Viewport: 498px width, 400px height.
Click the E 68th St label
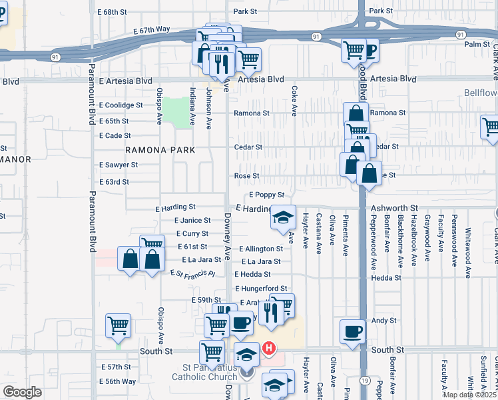111,12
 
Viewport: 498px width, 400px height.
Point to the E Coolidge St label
121,105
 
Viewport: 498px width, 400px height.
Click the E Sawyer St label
119,165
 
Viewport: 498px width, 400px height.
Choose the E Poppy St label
266,195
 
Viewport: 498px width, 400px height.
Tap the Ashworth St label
393,208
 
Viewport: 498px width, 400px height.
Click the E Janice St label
192,220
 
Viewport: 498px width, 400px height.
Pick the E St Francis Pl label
193,273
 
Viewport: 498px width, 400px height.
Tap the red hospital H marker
269,347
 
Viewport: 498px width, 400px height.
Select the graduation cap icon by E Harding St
282,217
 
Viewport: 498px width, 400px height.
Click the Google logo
22,392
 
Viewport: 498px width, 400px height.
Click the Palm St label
477,45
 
